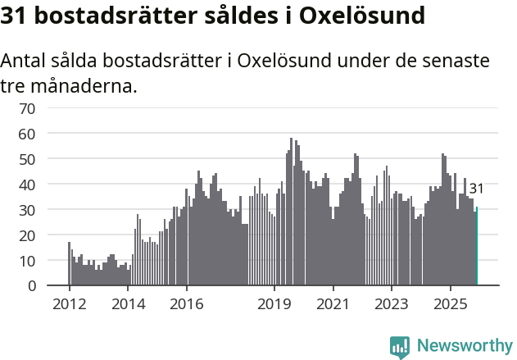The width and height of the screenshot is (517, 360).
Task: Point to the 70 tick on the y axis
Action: (x=27, y=107)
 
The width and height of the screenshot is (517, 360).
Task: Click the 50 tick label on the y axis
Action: (x=27, y=158)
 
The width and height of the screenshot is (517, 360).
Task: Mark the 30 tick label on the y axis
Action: (x=27, y=210)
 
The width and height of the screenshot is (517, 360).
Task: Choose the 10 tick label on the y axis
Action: (x=27, y=261)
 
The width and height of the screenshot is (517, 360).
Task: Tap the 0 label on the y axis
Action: (x=31, y=286)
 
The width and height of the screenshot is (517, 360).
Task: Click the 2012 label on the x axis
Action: (x=69, y=304)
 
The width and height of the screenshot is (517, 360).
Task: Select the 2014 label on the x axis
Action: (x=128, y=304)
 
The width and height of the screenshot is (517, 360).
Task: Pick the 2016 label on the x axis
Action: (x=187, y=304)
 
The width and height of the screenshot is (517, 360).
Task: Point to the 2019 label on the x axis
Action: (x=274, y=304)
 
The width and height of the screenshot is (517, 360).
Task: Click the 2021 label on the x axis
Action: (x=333, y=304)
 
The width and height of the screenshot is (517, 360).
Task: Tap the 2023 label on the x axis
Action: (x=392, y=304)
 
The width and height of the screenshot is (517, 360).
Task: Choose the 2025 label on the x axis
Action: (x=451, y=304)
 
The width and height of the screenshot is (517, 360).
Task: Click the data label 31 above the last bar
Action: (x=476, y=189)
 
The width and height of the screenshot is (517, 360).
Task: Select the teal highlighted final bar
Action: (x=477, y=246)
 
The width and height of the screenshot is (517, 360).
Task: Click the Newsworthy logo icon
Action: (x=400, y=346)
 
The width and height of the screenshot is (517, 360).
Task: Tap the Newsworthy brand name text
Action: (x=464, y=345)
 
